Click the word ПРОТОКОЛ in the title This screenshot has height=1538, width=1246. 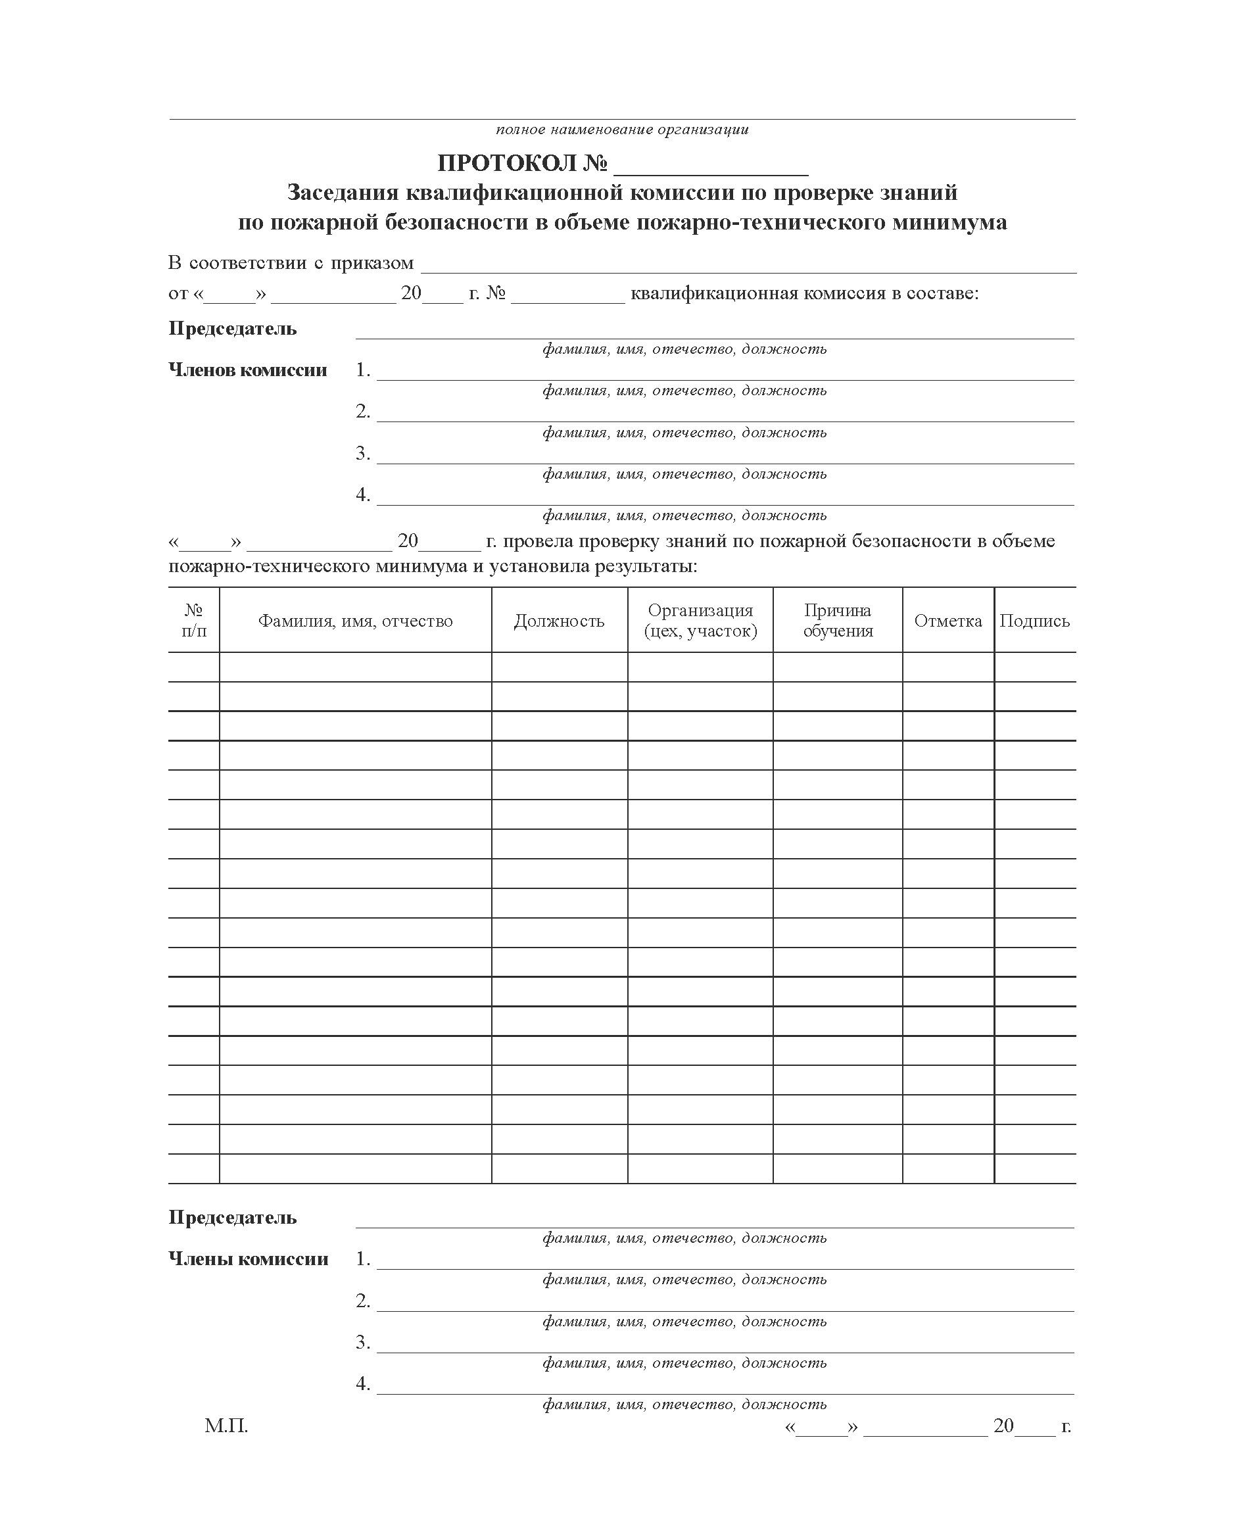[507, 164]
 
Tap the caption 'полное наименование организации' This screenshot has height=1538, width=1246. [621, 130]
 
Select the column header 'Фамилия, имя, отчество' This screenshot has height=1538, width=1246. [355, 621]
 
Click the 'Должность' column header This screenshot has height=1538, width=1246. [559, 621]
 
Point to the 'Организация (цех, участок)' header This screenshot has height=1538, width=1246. [700, 621]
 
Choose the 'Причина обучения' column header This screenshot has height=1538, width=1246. [838, 621]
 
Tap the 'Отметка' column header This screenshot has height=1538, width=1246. [947, 621]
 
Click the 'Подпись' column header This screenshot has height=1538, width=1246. [1034, 621]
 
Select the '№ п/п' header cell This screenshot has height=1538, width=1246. [194, 621]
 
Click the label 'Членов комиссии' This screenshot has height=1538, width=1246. [248, 370]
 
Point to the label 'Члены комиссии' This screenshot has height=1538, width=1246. [249, 1259]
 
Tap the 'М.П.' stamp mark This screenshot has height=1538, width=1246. [226, 1426]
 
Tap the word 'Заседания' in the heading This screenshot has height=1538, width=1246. [343, 193]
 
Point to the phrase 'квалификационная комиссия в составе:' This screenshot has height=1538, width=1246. [804, 293]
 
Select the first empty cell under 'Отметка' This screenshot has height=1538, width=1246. [947, 667]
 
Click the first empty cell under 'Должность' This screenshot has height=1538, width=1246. [559, 667]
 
